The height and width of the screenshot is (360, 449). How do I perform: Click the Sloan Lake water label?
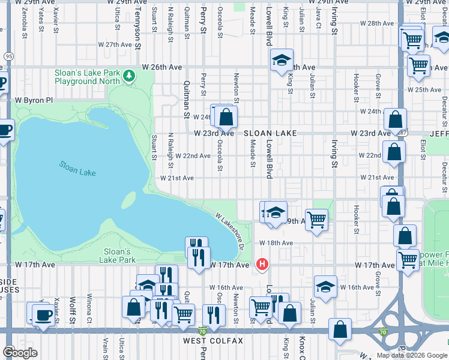[x=77, y=169]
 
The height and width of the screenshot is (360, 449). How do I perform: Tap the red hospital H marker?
[x=262, y=264]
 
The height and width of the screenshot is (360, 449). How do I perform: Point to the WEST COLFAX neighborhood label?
[x=213, y=341]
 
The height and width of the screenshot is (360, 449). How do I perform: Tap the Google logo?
[x=20, y=352]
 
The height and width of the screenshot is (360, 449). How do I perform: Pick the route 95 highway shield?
[x=8, y=56]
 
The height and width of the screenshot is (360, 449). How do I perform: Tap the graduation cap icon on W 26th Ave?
[x=281, y=60]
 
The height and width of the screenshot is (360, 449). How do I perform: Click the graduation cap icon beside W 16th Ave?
[x=325, y=286]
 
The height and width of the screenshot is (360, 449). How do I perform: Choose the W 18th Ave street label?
[x=276, y=243]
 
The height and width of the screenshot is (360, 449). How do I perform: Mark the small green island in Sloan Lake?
[x=130, y=199]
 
